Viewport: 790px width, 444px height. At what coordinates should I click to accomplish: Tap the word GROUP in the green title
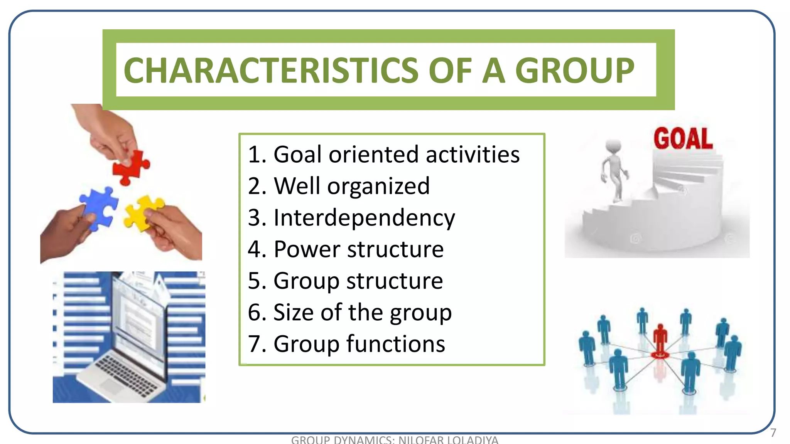pyautogui.click(x=574, y=71)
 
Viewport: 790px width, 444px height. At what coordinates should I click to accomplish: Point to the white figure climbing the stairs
pyautogui.click(x=614, y=170)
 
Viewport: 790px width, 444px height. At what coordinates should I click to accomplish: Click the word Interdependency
pyautogui.click(x=364, y=218)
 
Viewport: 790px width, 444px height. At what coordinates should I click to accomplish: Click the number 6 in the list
pyautogui.click(x=255, y=312)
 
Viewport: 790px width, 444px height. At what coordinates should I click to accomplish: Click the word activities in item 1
pyautogui.click(x=473, y=155)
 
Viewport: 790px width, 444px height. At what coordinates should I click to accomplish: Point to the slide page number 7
pyautogui.click(x=773, y=433)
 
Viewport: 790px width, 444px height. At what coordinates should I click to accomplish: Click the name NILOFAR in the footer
pyautogui.click(x=421, y=440)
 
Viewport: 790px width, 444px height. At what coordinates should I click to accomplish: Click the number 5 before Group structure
pyautogui.click(x=255, y=281)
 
